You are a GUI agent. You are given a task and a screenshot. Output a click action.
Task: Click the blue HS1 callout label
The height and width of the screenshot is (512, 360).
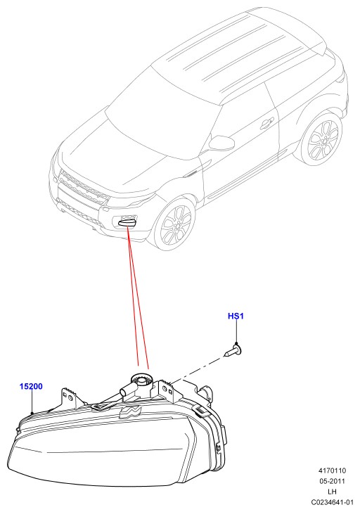click(x=236, y=316)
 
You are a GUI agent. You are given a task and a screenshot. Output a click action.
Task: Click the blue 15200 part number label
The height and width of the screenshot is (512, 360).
click(x=31, y=386)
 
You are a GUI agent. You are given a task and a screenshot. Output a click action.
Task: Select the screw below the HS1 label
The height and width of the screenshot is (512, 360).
click(x=233, y=351)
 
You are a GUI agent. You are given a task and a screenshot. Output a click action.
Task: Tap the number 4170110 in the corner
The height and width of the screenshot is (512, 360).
click(x=332, y=471)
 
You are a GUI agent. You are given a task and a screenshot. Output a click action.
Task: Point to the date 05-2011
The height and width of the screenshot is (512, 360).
click(x=332, y=481)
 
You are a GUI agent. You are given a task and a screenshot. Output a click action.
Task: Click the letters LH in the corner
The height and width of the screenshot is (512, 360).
click(x=332, y=492)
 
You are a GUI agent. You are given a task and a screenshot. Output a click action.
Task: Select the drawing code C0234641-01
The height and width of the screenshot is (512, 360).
click(x=332, y=502)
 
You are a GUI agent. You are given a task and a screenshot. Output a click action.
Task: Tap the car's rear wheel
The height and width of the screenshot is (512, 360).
click(x=322, y=139)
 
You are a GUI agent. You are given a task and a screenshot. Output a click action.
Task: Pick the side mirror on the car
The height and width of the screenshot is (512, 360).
click(x=221, y=143)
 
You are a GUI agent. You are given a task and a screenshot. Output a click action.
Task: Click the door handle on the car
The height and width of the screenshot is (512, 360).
click(x=266, y=124)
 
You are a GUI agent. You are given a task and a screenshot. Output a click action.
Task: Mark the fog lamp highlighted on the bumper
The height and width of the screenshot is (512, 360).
click(x=127, y=222)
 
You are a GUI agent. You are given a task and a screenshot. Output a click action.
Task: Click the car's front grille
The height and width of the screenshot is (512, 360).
click(x=83, y=187)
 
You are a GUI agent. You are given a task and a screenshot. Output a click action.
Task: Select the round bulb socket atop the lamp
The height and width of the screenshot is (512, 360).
click(x=141, y=381)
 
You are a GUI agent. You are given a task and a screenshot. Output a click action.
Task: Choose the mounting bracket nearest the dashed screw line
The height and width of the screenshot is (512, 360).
click(x=167, y=390)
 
